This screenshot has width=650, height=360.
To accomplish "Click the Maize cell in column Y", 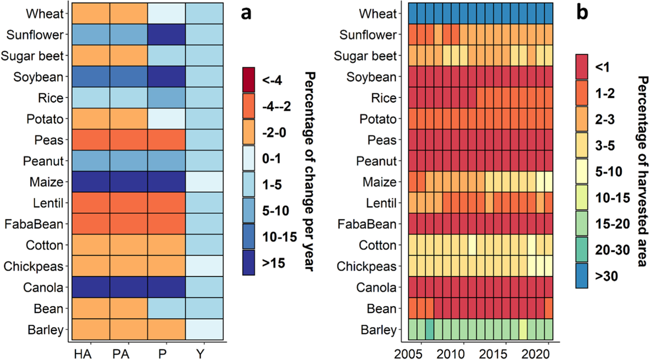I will pos(204,182).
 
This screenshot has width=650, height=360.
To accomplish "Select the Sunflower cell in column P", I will pos(166,34).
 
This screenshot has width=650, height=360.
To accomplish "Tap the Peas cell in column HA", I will pos(91,140).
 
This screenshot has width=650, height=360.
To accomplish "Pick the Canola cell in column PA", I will pos(128,287).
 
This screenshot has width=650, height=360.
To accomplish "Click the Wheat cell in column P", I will pos(166,14).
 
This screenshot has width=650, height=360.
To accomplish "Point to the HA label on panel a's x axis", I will pos(83,354).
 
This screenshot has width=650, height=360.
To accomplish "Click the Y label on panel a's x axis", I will pos(200,354).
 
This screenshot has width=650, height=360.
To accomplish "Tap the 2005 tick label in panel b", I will pos(408,354).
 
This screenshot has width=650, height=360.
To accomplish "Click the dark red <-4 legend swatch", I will pos(249,80).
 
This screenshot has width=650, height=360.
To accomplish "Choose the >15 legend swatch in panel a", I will pos(249,263).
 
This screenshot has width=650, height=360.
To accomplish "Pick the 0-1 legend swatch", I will pos(249,158).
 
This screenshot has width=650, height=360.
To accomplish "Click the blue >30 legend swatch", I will pos(582,276).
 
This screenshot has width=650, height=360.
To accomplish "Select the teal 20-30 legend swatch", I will pos(582,250).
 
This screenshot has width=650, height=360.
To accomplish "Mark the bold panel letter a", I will pos(246,13).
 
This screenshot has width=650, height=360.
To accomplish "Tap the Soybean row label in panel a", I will pos(38,77).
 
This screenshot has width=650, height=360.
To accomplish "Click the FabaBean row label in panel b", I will pos(367,224).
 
